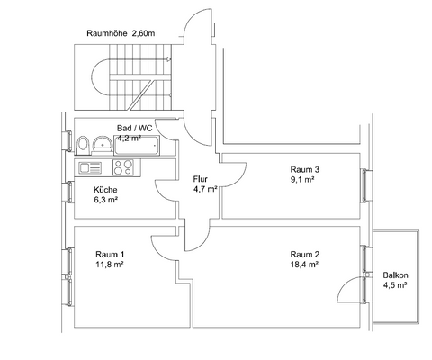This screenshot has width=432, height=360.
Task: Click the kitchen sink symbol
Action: [x=91, y=167]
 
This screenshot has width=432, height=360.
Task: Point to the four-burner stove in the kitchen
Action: [x=124, y=167]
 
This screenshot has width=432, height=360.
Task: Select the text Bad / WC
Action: [x=135, y=128]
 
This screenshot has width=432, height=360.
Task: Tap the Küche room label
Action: [x=106, y=189]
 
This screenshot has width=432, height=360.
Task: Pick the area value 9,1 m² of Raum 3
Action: [x=301, y=180]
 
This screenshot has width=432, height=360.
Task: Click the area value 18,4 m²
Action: [x=302, y=265]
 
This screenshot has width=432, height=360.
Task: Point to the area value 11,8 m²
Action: [x=109, y=265]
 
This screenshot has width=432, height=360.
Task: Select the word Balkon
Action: [x=395, y=274]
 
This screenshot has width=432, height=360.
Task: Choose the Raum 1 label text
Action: [x=109, y=254]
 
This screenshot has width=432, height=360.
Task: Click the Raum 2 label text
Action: [x=303, y=254]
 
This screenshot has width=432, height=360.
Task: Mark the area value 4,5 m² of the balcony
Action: [x=395, y=285]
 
